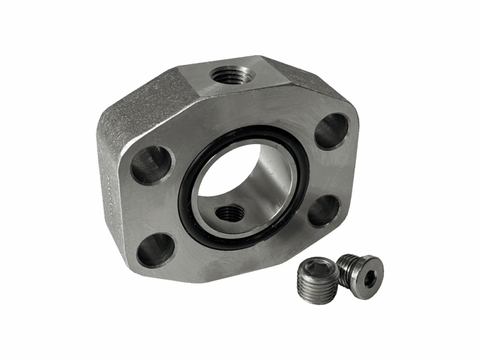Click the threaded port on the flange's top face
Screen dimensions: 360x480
233,75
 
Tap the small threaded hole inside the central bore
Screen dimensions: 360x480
230,212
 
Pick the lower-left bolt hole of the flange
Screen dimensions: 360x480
155,250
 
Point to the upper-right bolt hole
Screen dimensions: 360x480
331,131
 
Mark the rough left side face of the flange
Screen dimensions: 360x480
111,180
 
